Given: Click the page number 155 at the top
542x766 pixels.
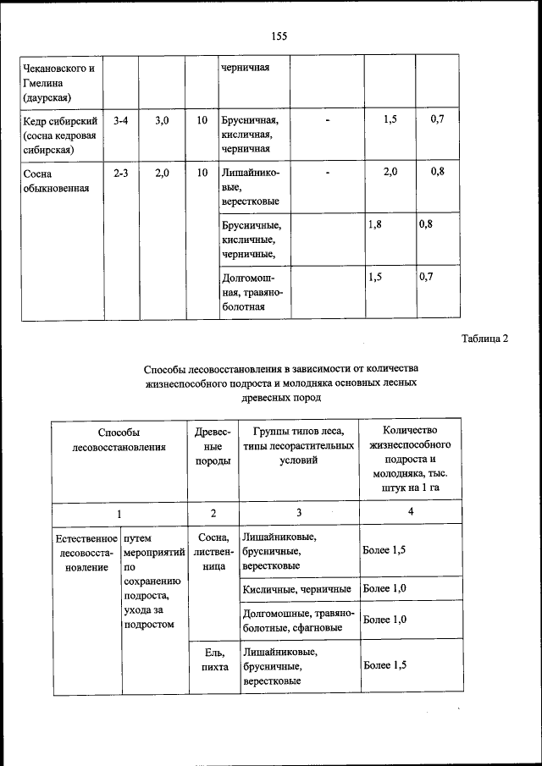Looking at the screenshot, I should click(279, 36).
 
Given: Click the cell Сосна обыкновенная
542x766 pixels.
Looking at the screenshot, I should click(57, 180).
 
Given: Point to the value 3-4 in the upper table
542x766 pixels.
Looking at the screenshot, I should click(120, 121).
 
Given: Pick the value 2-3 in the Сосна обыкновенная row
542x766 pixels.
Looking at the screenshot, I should click(120, 173).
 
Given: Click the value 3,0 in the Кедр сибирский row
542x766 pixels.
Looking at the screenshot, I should click(163, 121).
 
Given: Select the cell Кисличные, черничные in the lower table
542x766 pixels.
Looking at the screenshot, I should click(296, 588).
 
